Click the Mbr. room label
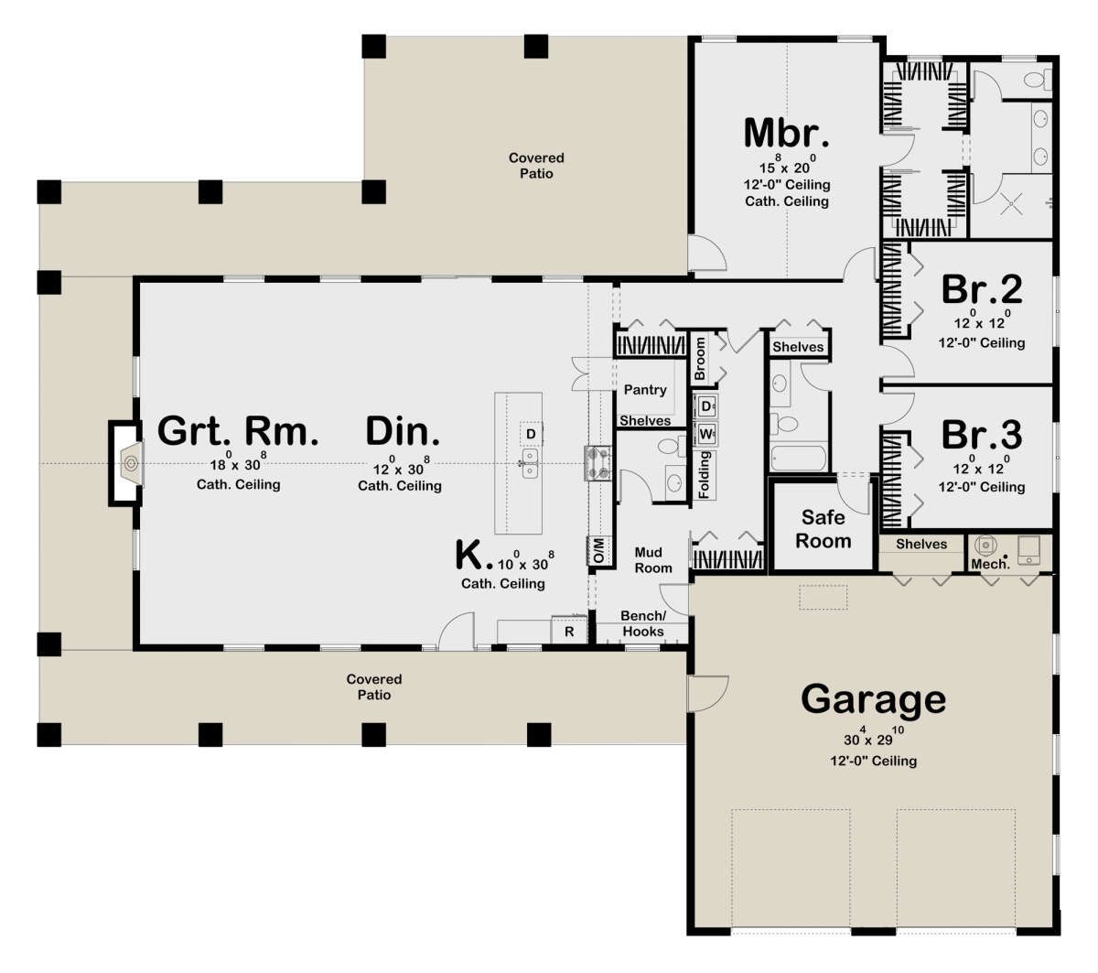786,134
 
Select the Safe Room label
823,529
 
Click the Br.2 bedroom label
982,289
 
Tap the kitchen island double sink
530,463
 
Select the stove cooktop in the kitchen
597,463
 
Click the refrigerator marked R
569,631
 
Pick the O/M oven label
598,551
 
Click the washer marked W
705,434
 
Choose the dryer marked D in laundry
705,406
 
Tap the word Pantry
645,390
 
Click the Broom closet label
700,358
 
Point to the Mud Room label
653,560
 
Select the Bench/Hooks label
642,623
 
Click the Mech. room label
990,564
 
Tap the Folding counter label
704,475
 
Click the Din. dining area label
402,431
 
